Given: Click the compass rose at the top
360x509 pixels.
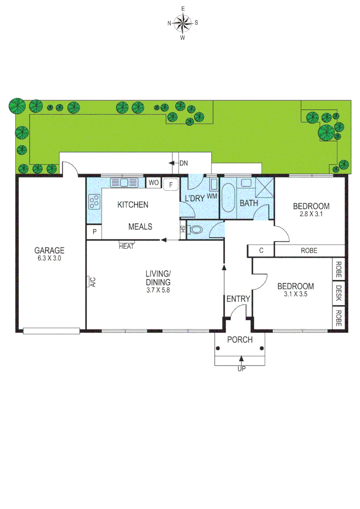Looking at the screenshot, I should tap(183, 22).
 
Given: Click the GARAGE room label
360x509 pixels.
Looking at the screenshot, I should tap(49, 250).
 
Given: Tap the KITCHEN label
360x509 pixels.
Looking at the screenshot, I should tap(133, 205).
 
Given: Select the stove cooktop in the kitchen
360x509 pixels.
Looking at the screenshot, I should tap(94, 202).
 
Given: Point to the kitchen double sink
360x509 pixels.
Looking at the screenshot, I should tap(123, 182).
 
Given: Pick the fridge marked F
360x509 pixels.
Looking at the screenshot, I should tap(170, 183).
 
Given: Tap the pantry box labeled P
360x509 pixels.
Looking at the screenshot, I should tap(94, 231).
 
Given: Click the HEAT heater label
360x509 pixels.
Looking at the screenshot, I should tap(126, 246).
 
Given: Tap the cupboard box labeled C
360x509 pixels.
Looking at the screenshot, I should tap(261, 251).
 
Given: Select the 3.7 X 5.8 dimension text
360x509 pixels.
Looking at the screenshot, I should tap(157, 290).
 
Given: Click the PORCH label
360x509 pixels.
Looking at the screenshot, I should tap(240, 340).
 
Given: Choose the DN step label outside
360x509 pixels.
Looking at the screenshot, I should tap(183, 163).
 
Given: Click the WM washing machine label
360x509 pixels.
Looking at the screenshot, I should tap(212, 195).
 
